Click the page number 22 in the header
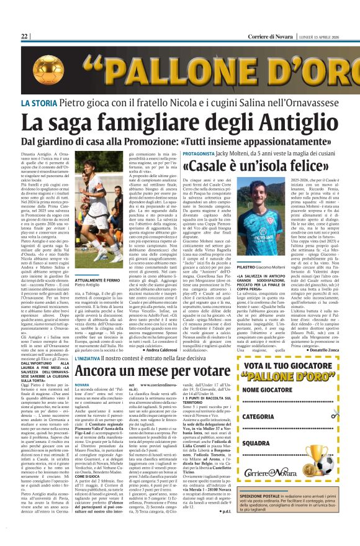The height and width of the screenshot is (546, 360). (25, 37)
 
